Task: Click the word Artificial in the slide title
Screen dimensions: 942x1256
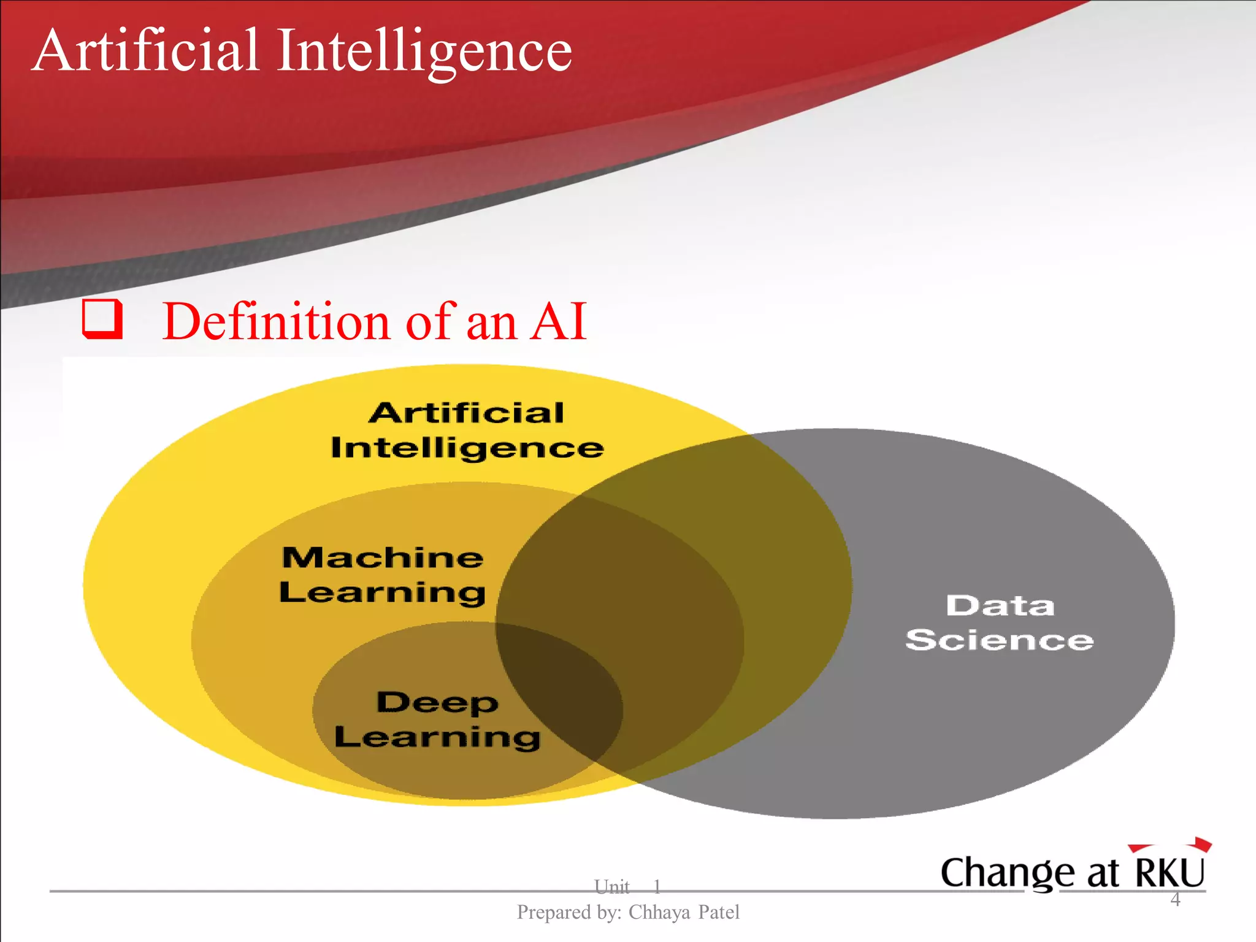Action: tap(146, 50)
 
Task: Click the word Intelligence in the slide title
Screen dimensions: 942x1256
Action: tap(424, 52)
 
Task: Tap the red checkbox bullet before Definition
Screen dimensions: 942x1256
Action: tap(102, 319)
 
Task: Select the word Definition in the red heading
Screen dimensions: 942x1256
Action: tap(277, 321)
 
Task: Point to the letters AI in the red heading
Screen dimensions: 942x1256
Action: tap(559, 321)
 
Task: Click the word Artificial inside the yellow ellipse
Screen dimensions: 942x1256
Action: tap(466, 413)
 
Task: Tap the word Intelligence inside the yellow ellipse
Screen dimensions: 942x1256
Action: tap(467, 448)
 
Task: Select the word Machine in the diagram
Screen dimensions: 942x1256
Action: tap(383, 557)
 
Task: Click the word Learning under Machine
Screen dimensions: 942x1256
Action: tap(383, 592)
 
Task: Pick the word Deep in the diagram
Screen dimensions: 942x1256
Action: tap(437, 702)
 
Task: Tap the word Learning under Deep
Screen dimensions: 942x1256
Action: tap(437, 737)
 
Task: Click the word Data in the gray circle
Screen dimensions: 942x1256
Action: tap(1000, 606)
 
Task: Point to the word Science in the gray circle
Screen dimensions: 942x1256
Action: tap(1000, 640)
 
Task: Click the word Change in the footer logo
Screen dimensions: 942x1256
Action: tap(1008, 873)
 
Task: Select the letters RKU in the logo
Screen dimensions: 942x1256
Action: tap(1170, 872)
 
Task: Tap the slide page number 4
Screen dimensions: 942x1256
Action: tap(1175, 900)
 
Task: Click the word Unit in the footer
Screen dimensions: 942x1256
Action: tap(611, 886)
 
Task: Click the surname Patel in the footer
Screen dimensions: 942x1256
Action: tap(719, 913)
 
